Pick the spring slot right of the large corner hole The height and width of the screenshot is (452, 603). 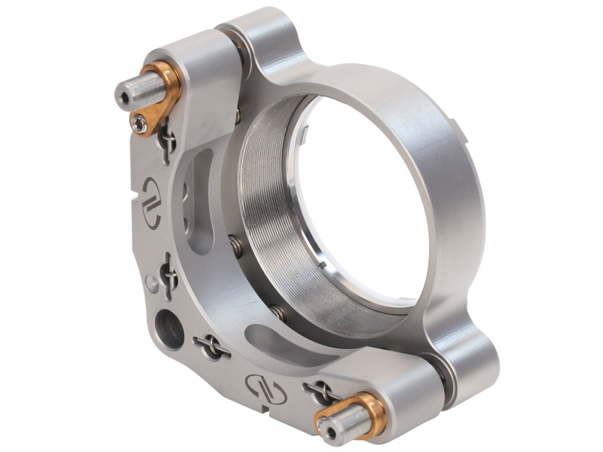coord(213,347)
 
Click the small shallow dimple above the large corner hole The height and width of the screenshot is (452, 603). coord(151,285)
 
